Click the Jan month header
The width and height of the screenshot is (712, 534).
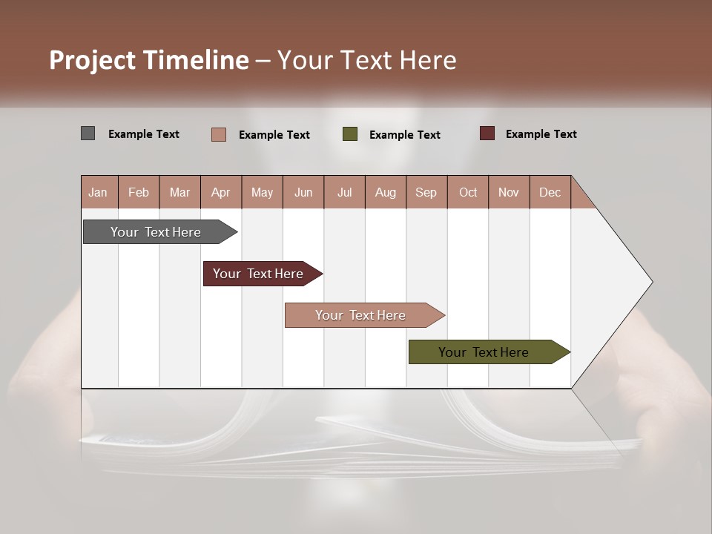point(98,192)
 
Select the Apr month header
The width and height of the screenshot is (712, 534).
point(220,192)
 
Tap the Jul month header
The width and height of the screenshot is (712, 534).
point(344,192)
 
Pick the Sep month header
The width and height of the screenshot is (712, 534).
point(426,192)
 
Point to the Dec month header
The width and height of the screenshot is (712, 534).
point(550,192)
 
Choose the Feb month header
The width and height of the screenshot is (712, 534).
point(139,192)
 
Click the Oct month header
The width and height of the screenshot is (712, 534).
point(468,192)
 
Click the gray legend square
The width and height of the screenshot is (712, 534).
point(88,133)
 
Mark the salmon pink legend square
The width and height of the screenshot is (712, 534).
point(218,134)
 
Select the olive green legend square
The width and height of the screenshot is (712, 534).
point(350,134)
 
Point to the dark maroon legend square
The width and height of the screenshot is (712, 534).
point(487,133)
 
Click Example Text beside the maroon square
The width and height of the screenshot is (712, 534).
point(541,134)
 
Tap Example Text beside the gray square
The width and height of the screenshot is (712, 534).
point(143,134)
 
